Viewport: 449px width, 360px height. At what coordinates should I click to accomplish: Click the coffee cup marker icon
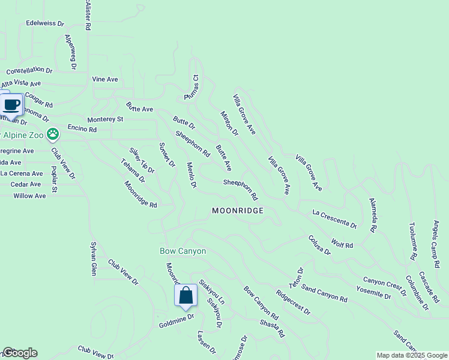12,105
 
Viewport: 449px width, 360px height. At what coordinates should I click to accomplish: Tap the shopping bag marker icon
185,296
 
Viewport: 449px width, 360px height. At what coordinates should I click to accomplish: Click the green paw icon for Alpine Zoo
53,133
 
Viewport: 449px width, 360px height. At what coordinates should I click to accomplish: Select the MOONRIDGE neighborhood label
238,211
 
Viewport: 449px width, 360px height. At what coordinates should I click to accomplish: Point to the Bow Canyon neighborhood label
182,251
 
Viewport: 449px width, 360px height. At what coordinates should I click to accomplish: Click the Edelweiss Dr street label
45,23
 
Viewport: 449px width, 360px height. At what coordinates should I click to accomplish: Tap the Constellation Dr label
29,70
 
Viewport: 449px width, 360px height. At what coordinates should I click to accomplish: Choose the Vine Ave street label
105,79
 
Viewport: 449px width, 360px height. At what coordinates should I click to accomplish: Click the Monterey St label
105,119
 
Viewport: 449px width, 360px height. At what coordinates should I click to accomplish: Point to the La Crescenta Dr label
334,218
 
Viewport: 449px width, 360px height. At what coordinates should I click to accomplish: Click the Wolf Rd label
342,244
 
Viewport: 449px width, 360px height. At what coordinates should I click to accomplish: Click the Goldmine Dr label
176,319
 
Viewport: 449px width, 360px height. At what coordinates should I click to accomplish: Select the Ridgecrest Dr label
293,303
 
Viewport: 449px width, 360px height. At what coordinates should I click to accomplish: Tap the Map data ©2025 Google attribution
412,355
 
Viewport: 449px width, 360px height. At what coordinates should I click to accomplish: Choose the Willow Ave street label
29,196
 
